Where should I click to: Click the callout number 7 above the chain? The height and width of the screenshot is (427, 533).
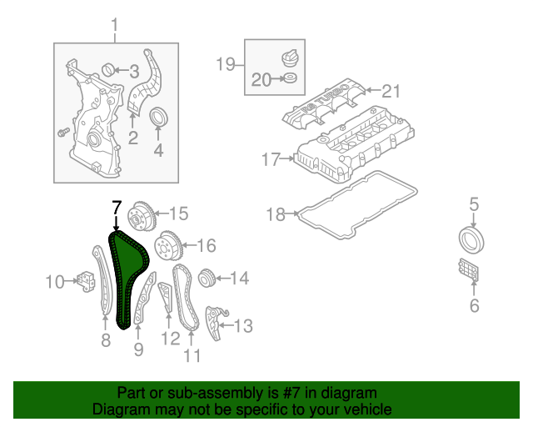pos(117,207)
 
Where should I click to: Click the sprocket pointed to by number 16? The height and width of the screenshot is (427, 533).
pos(169,245)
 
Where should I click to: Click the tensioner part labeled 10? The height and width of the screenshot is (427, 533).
pos(84,281)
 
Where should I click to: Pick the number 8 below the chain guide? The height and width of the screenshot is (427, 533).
pos(106,339)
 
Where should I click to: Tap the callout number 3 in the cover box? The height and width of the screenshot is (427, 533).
pos(133,70)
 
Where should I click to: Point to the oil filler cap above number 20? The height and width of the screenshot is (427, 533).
pos(289,58)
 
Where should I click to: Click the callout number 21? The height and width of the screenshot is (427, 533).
pos(391,90)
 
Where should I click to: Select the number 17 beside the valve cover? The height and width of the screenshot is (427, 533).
pos(271,158)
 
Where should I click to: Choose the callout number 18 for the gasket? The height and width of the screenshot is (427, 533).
pos(276,214)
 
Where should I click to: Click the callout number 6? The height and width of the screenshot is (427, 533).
pos(474,306)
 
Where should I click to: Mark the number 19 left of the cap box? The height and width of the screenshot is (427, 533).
pos(226,63)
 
